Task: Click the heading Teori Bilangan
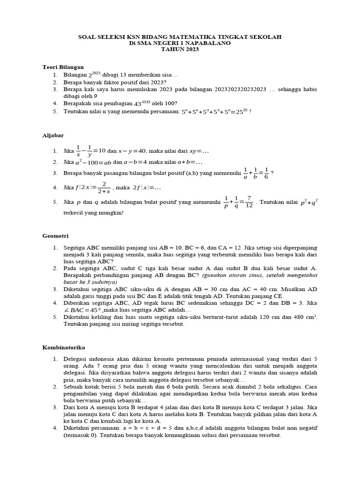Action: coord(63,67)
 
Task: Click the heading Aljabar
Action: coord(52,135)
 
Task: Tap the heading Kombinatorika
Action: coord(63,347)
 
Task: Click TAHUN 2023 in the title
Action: coord(180,49)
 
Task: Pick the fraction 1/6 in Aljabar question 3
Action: coord(266,173)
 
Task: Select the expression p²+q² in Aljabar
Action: coord(309,202)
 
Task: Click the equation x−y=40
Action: coord(132,151)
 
